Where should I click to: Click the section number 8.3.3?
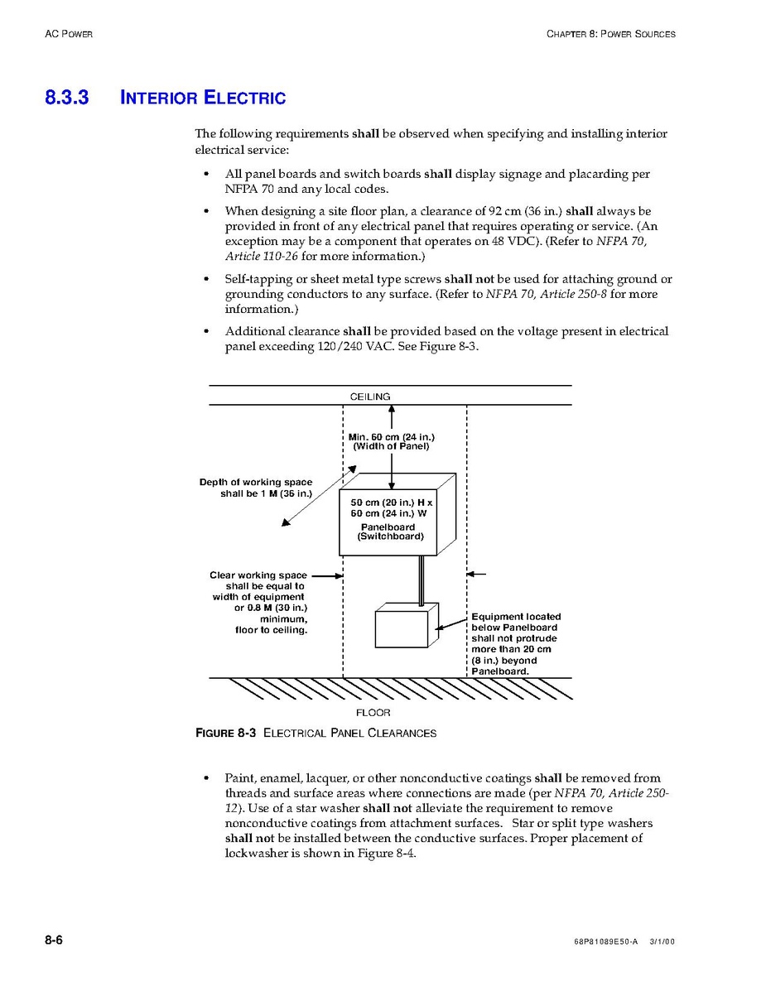click(x=66, y=98)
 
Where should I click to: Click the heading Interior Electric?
click(x=203, y=98)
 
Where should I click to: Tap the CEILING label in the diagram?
click(x=370, y=397)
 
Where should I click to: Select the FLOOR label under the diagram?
click(x=373, y=712)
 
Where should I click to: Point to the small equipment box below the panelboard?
click(x=402, y=628)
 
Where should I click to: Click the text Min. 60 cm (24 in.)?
click(x=391, y=436)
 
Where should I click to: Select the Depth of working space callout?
click(x=256, y=488)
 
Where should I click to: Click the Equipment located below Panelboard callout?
click(x=515, y=644)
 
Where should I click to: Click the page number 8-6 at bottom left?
click(x=55, y=940)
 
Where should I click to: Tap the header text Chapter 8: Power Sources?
click(x=610, y=34)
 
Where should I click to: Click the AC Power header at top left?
click(x=69, y=34)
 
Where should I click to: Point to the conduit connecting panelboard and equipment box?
click(x=422, y=581)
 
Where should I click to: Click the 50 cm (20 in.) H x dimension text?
click(x=391, y=503)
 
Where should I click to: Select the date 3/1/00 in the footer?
click(x=662, y=942)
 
